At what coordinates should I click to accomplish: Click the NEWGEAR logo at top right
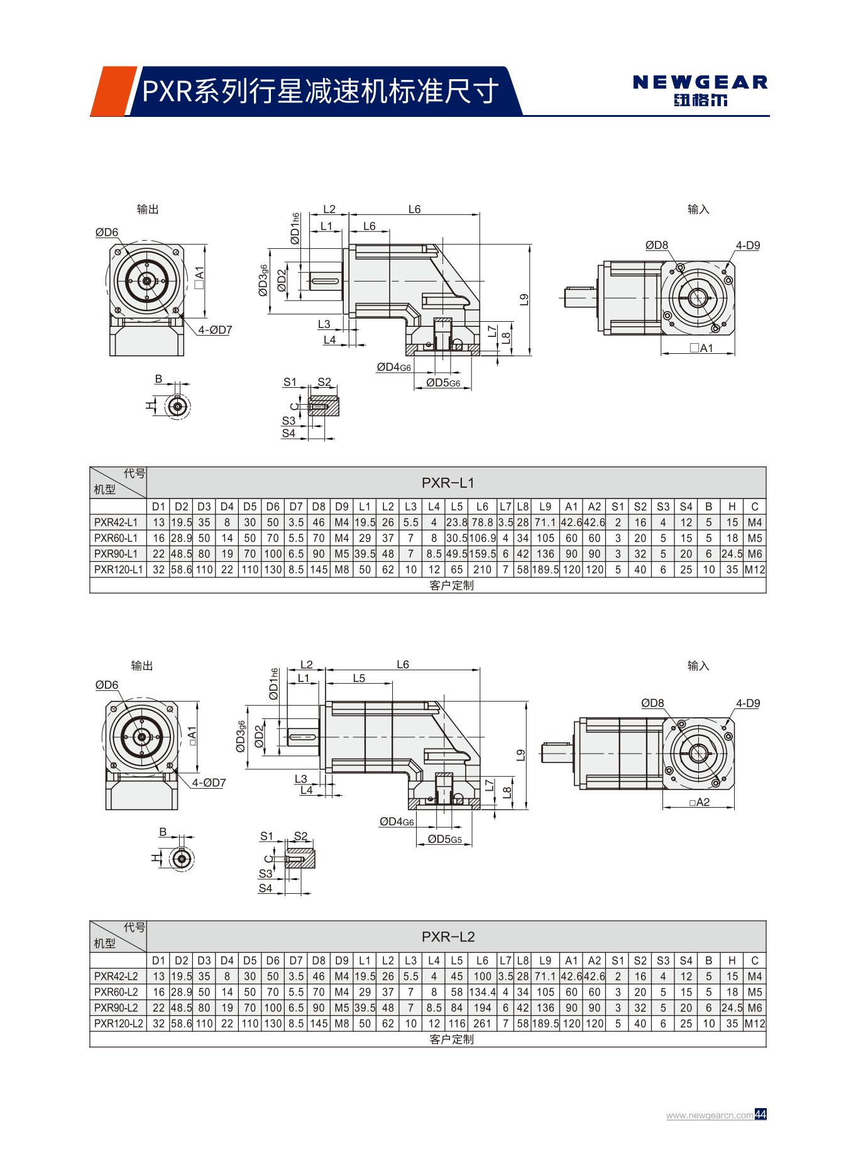pyautogui.click(x=700, y=90)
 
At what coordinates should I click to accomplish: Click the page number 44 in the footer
pyautogui.click(x=760, y=1114)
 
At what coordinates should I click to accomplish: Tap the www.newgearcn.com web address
pyautogui.click(x=709, y=1115)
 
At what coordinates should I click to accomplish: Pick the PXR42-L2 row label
pyautogui.click(x=116, y=976)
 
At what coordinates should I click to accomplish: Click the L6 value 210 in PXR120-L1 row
pyautogui.click(x=482, y=569)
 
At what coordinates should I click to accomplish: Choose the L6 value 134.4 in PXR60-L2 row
pyautogui.click(x=482, y=992)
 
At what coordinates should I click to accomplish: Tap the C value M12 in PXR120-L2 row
pyautogui.click(x=754, y=1023)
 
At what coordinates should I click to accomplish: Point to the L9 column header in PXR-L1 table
pyautogui.click(x=545, y=507)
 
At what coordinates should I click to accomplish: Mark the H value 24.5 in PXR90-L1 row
pyautogui.click(x=732, y=554)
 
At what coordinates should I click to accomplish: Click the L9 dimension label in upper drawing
pyautogui.click(x=524, y=300)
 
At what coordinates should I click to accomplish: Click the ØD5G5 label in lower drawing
pyautogui.click(x=445, y=838)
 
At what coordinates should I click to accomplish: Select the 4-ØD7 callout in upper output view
pyautogui.click(x=215, y=329)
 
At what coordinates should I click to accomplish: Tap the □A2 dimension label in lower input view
pyautogui.click(x=699, y=802)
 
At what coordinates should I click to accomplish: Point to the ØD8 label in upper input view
pyautogui.click(x=657, y=245)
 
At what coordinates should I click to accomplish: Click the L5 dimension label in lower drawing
pyautogui.click(x=359, y=678)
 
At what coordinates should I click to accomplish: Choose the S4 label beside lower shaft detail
pyautogui.click(x=266, y=888)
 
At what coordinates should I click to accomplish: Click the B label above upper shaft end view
pyautogui.click(x=158, y=379)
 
